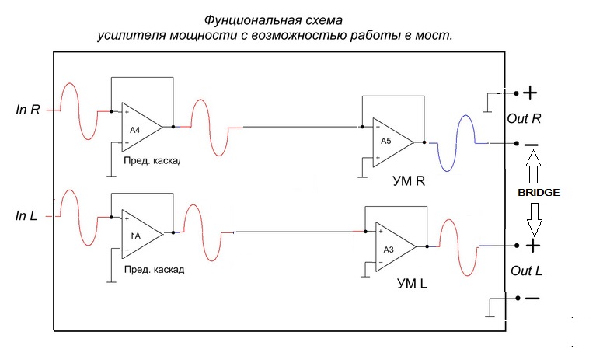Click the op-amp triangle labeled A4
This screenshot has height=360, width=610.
point(138,128)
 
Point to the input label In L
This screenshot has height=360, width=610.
point(26,215)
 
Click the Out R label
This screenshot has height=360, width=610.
point(525,119)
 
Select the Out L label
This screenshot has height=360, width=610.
point(525,271)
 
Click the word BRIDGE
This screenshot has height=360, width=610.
point(539,191)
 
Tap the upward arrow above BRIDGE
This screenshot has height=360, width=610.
point(532,166)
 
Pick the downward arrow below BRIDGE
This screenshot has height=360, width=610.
point(532,219)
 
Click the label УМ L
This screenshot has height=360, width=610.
point(410,284)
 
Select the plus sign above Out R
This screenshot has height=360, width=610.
point(531,93)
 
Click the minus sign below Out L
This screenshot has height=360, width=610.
point(532,299)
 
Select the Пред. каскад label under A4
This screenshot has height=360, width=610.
point(152,161)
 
